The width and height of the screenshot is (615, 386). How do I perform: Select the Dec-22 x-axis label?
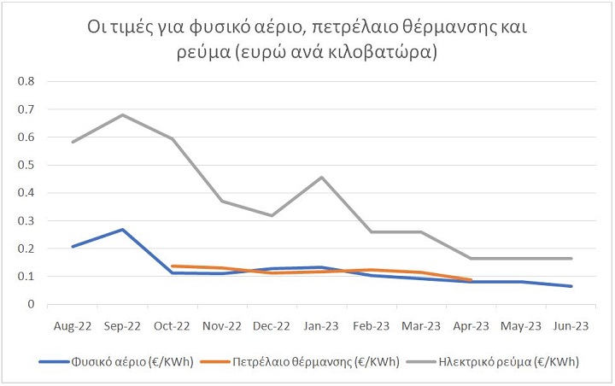(x=272, y=325)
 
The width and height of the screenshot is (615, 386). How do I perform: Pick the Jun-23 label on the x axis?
(x=571, y=325)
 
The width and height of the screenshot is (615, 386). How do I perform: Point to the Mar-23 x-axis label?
(x=421, y=325)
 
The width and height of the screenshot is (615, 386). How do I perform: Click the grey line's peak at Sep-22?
(x=122, y=114)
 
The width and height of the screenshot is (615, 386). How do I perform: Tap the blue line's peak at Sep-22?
(x=122, y=229)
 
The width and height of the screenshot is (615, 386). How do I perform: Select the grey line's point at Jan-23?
(x=321, y=177)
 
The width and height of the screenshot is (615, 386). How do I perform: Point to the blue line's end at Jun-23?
(x=571, y=286)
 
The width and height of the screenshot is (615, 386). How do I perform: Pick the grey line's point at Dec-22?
(x=272, y=215)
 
